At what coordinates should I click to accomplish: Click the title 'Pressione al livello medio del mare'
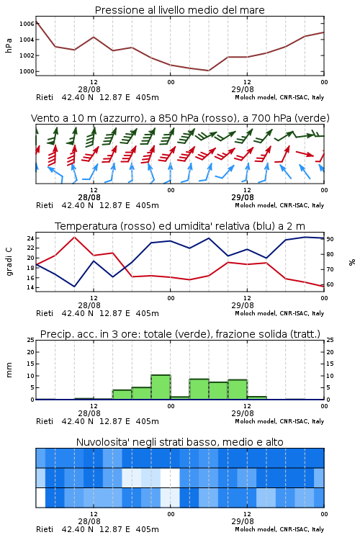coord(179,10)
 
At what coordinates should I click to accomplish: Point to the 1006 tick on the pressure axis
coord(27,24)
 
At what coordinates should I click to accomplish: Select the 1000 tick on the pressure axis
coord(27,71)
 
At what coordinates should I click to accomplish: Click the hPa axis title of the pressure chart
coord(9,45)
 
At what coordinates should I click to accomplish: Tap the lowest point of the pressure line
coord(208,71)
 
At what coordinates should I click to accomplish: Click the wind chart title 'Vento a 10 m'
coord(65,118)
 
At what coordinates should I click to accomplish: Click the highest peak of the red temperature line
coord(74,238)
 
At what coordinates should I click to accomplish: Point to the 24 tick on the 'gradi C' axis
coord(31,238)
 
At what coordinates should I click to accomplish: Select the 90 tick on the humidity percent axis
coord(330,239)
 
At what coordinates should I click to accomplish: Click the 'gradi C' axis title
coord(9,261)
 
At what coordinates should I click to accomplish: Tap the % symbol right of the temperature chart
coord(352,262)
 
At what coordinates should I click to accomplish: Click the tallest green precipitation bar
coord(161,387)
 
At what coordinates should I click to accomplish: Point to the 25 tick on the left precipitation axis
coord(31,340)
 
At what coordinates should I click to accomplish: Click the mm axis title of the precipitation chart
coord(9,370)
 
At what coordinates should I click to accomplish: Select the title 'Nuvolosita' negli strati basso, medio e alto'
coord(179,442)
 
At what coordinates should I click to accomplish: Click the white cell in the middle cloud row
coord(170,477)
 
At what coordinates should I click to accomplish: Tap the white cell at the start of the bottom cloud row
coord(40,498)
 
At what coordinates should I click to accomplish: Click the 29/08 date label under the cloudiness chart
coord(243,521)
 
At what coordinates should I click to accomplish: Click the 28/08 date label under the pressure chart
coord(89,89)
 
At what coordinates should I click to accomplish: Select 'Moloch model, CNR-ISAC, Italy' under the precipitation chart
coord(279,421)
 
